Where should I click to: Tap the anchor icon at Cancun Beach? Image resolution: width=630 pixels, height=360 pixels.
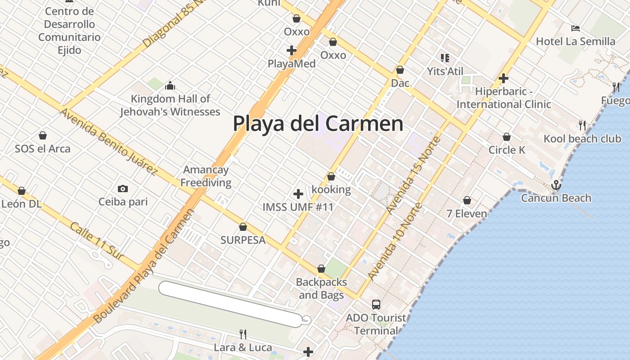(556, 185)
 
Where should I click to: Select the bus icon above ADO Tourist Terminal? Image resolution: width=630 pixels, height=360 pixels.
(376, 305)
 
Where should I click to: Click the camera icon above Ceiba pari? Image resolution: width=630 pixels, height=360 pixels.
(122, 189)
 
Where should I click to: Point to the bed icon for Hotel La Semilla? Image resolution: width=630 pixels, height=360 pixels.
(575, 28)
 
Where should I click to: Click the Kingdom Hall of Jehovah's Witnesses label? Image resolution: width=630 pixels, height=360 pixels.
(170, 105)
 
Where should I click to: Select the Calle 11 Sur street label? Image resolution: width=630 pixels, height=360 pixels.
(96, 241)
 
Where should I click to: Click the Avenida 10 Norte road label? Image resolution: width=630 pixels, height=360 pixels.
(396, 241)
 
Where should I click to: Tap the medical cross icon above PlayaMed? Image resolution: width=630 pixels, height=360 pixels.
(292, 50)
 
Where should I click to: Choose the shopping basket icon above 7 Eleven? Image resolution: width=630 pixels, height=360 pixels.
(467, 200)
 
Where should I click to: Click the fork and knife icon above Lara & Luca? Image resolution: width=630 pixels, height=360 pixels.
(243, 334)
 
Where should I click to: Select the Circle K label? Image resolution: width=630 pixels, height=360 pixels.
(507, 150)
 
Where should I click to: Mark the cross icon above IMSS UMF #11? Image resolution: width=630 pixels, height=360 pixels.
(298, 194)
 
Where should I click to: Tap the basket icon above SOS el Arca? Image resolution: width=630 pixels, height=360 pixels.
(43, 135)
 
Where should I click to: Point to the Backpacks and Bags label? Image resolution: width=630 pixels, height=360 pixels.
(321, 288)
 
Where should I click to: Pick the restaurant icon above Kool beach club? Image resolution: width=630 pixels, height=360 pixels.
(582, 125)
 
